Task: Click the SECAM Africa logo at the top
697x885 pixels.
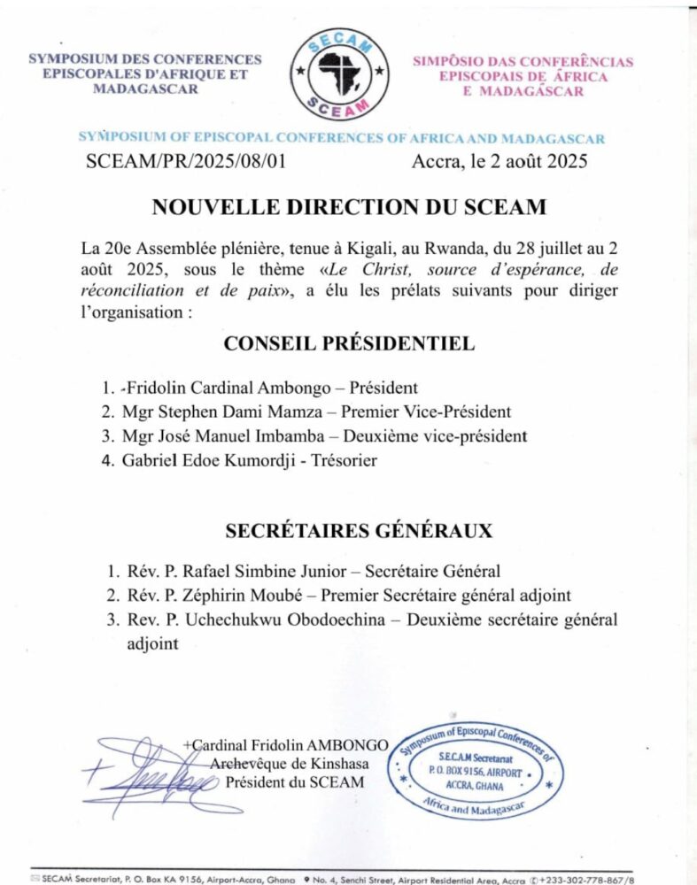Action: click(x=341, y=74)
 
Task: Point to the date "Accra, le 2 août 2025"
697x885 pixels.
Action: click(x=500, y=162)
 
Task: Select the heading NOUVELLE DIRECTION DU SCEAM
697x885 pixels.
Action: click(x=349, y=207)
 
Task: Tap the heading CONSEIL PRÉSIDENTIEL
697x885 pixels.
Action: click(x=349, y=343)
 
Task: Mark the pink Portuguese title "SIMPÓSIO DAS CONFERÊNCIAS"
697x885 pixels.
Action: click(x=523, y=62)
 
